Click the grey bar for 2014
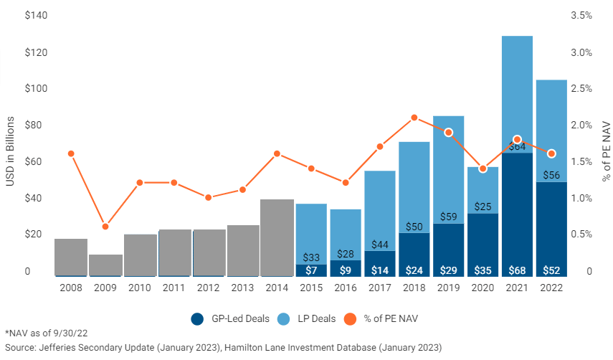[277, 237]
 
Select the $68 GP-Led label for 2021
[517, 270]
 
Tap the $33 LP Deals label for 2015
[311, 257]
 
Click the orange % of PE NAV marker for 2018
[414, 118]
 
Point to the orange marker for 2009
[105, 227]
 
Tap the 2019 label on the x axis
[449, 288]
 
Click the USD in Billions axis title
[10, 143]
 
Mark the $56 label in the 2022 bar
[551, 174]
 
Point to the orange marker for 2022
[551, 153]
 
